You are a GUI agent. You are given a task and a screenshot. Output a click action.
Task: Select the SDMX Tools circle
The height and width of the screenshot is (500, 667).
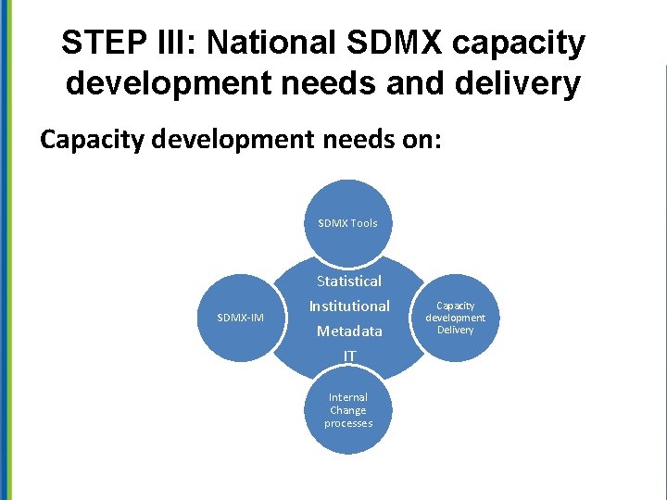347,222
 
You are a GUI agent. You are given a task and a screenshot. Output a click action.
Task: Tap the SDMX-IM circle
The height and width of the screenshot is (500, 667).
240,318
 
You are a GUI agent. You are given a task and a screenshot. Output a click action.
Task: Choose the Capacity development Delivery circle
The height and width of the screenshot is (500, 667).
455,318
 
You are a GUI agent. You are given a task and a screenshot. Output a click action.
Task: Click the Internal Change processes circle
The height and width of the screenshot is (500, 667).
347,410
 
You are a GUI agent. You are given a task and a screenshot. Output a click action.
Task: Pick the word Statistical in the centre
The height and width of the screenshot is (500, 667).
348,281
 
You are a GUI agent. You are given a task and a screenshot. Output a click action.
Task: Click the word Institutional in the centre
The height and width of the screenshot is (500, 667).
348,306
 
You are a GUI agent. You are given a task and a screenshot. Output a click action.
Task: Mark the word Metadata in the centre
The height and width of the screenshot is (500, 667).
348,331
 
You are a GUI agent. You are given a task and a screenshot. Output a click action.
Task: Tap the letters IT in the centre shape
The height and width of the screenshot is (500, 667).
348,356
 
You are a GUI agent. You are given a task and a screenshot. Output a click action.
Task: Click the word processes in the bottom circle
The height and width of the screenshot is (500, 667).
348,423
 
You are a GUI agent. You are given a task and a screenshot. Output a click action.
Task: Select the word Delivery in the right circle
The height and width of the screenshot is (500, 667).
455,330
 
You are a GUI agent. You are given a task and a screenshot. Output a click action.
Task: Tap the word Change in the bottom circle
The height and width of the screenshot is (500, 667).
348,410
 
